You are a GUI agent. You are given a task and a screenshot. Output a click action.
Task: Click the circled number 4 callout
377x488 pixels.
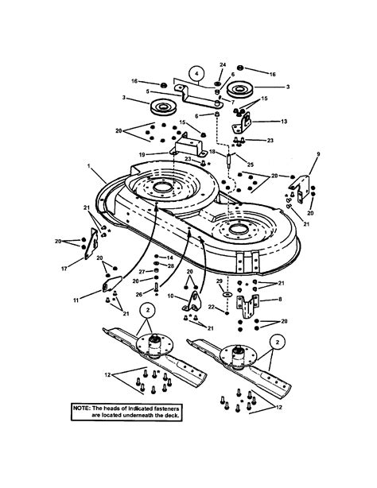[x=196, y=74]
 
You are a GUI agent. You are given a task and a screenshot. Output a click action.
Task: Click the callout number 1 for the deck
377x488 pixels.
[x=89, y=166]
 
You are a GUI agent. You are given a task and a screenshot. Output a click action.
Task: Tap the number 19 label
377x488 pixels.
[x=142, y=154]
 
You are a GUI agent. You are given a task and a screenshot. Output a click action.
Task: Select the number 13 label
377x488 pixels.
[x=284, y=122]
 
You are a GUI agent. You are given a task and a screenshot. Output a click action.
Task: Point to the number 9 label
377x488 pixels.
[x=318, y=154]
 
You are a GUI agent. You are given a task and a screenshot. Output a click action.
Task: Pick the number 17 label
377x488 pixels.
[x=64, y=269]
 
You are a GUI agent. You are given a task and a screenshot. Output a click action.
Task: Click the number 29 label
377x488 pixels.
[x=220, y=281]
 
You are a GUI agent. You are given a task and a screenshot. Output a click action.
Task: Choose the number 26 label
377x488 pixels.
[x=139, y=294]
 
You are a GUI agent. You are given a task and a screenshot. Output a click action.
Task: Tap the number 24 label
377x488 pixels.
[x=223, y=64]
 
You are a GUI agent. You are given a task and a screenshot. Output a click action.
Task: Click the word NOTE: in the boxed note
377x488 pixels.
[x=82, y=408]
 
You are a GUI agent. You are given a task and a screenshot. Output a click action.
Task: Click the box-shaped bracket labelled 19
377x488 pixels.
[x=188, y=146]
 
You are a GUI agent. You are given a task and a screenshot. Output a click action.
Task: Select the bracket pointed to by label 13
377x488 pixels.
[x=242, y=122]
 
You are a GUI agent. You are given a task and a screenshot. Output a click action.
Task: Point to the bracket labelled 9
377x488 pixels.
[x=300, y=188]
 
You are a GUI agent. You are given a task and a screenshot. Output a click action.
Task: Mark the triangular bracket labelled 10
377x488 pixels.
[x=192, y=301]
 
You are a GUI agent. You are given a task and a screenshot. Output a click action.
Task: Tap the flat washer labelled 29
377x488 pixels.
[x=227, y=294]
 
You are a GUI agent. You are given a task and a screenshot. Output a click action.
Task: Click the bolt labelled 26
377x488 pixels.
[x=156, y=287]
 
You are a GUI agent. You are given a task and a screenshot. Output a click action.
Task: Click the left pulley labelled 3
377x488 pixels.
[x=164, y=107]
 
